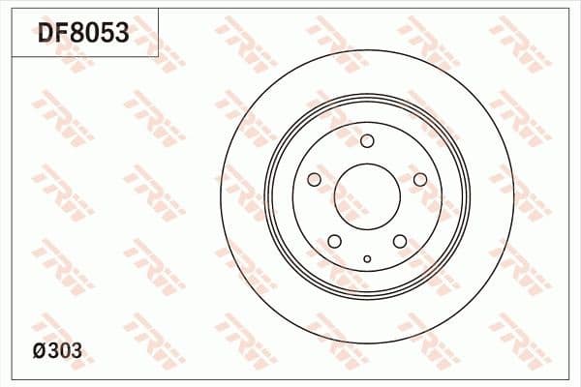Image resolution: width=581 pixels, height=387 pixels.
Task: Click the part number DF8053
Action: click(x=83, y=35)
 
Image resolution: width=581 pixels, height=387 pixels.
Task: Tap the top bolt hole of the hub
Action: click(x=367, y=141)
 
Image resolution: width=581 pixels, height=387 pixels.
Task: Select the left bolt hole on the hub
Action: click(x=314, y=180)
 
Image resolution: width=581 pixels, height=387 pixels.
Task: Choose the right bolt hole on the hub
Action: click(x=420, y=180)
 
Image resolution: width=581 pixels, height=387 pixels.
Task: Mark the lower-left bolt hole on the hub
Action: click(x=334, y=242)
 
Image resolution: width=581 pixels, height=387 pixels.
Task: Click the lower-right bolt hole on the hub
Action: click(x=400, y=242)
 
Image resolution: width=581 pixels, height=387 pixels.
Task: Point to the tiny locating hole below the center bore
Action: click(x=367, y=258)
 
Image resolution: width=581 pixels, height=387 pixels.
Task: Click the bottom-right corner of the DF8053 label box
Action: click(x=158, y=56)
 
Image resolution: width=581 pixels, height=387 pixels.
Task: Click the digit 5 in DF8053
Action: click(x=106, y=35)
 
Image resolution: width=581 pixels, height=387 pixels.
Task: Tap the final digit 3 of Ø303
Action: click(x=76, y=351)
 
